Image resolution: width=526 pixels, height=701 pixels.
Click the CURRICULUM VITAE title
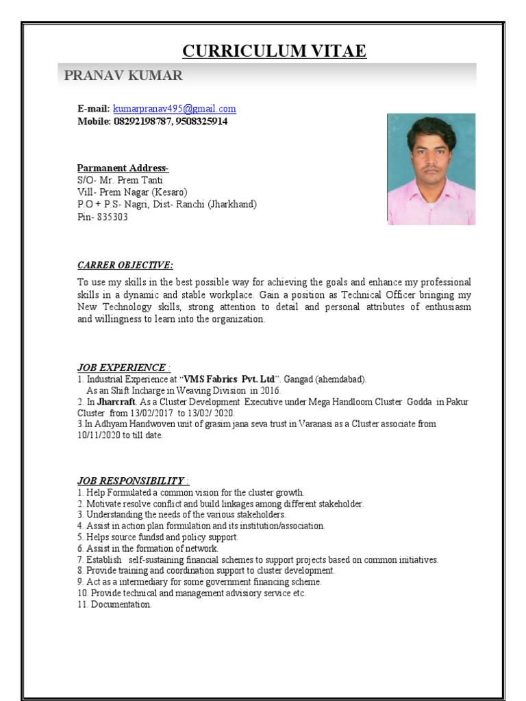pyautogui.click(x=274, y=51)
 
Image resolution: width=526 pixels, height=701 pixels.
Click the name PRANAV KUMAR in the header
pyautogui.click(x=123, y=75)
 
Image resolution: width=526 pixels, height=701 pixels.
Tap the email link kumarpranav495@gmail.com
pyautogui.click(x=174, y=109)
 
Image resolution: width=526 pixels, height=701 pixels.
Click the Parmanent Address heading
pyautogui.click(x=123, y=168)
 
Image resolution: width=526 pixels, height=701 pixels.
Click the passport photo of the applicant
pyautogui.click(x=431, y=169)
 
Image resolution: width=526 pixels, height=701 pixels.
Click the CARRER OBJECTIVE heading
pyautogui.click(x=125, y=265)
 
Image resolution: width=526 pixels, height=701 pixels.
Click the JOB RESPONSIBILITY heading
pyautogui.click(x=133, y=481)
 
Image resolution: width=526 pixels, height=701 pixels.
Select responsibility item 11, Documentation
pyautogui.click(x=114, y=604)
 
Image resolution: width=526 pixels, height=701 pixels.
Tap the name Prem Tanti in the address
pyautogui.click(x=142, y=179)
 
